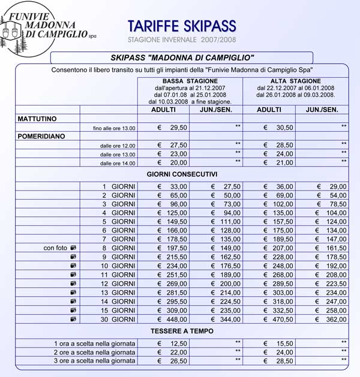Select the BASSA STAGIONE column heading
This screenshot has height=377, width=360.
click(x=190, y=81)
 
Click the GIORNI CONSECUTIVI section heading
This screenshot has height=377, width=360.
click(x=182, y=174)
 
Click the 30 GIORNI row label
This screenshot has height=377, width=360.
click(x=118, y=319)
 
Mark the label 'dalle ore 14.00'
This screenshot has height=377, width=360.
click(x=118, y=163)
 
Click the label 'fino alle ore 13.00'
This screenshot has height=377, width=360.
click(x=115, y=128)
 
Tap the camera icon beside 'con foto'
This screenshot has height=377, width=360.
click(x=73, y=248)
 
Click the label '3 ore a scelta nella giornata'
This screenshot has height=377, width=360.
click(x=94, y=361)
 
